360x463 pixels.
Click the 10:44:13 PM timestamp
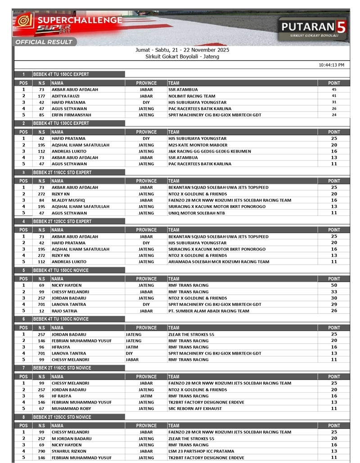(x=331, y=65)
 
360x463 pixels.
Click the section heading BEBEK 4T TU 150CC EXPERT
(x=61, y=74)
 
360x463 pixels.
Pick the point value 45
(x=334, y=90)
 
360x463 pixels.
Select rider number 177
(x=41, y=96)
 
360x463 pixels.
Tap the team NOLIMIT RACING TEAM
(x=192, y=96)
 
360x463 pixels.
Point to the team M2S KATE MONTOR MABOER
(x=198, y=145)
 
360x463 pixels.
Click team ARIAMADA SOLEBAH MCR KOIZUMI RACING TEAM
(x=219, y=262)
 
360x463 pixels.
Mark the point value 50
(x=334, y=285)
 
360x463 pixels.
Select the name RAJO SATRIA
(x=64, y=310)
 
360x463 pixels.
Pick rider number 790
(x=41, y=451)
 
